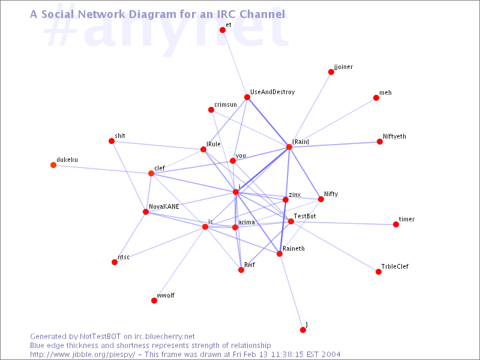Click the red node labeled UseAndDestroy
(247, 97)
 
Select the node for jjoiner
(331, 72)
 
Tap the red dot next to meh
(376, 98)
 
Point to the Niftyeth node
(380, 142)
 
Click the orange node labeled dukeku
(53, 165)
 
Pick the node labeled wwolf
(154, 301)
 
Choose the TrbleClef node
(379, 272)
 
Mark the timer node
(396, 224)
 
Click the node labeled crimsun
(211, 110)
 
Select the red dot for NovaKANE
(146, 212)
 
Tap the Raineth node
(280, 254)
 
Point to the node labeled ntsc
(115, 262)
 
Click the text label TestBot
(305, 216)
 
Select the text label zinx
(295, 194)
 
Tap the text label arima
(247, 222)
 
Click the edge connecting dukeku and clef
(102, 169)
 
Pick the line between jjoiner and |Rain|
(310, 110)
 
